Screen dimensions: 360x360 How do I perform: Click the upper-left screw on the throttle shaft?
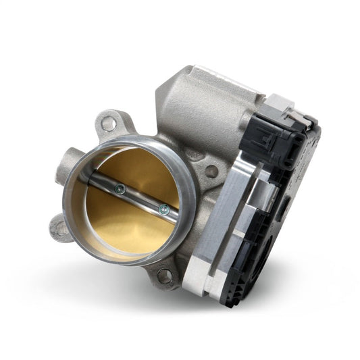click(119, 190)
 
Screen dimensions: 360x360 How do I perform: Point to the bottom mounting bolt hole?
click(164, 274)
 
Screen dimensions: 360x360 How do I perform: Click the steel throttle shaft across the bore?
click(138, 199)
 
